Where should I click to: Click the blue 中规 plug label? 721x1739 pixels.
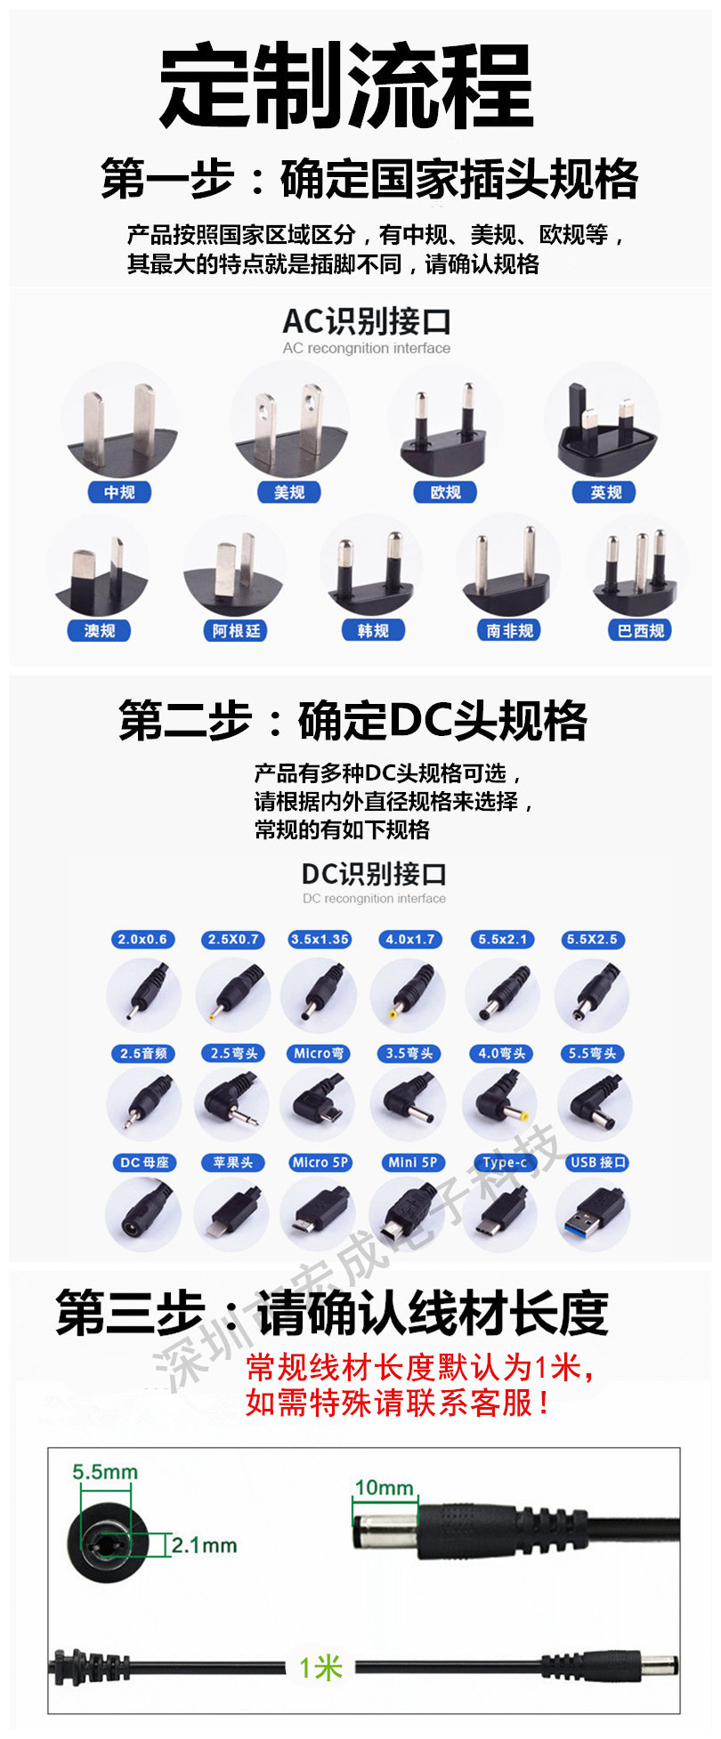(x=119, y=492)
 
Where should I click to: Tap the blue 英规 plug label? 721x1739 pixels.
(x=605, y=492)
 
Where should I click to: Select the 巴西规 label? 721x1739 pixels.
(x=641, y=631)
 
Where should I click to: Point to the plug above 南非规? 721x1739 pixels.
(x=508, y=570)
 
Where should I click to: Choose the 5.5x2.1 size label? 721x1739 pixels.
(x=502, y=939)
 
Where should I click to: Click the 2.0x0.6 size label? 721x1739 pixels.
(x=142, y=939)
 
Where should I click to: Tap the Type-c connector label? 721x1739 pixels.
(x=505, y=1162)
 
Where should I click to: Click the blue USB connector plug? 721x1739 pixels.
(x=593, y=1213)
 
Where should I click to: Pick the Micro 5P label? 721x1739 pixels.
(x=320, y=1162)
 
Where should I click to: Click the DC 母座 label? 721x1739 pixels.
(x=144, y=1162)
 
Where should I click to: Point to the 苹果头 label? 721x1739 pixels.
(x=233, y=1162)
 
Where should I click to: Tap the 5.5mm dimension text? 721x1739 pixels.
(x=105, y=1472)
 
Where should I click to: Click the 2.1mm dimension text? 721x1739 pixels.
(x=204, y=1545)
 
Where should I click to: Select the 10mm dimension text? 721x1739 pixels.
(x=385, y=1488)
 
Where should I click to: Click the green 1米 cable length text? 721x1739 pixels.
(x=320, y=1667)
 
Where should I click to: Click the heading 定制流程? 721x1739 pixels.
(x=347, y=87)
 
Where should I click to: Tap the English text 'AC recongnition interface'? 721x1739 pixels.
(x=367, y=348)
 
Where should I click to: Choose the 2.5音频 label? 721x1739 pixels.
(x=144, y=1054)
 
